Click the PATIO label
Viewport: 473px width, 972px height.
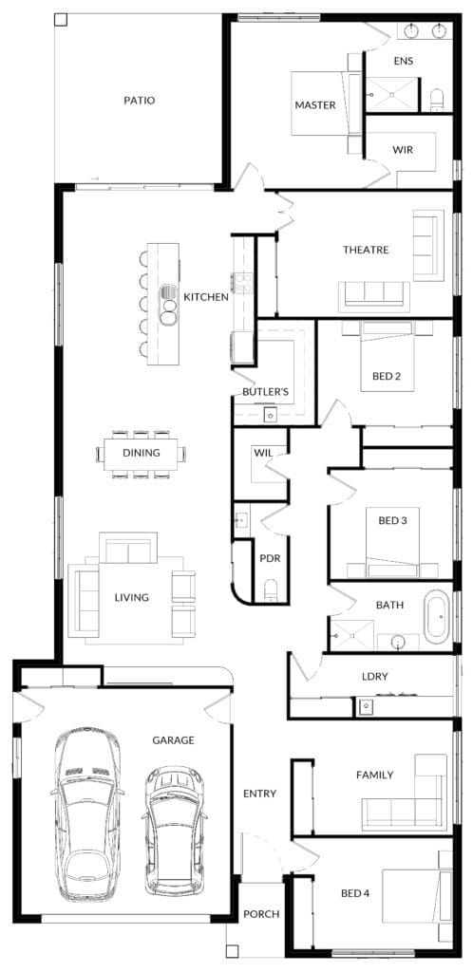click(139, 101)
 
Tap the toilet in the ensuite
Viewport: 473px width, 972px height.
click(437, 100)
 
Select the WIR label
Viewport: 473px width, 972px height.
click(403, 150)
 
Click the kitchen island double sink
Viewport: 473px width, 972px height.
click(168, 304)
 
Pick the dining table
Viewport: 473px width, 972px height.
click(142, 454)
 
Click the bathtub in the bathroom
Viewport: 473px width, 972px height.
click(438, 616)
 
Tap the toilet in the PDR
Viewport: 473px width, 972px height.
click(271, 590)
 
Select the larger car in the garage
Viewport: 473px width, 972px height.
click(86, 814)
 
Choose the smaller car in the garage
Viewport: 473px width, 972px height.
click(174, 830)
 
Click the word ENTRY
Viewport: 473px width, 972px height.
click(259, 794)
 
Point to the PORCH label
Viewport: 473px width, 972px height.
click(261, 914)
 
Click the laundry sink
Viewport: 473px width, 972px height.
click(366, 705)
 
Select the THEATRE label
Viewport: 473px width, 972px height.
click(366, 250)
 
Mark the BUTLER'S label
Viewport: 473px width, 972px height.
click(265, 392)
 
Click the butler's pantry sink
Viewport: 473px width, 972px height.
click(271, 415)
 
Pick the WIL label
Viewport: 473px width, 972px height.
click(261, 452)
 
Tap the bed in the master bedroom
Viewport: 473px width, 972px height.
click(326, 103)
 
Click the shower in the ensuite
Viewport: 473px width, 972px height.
click(392, 94)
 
